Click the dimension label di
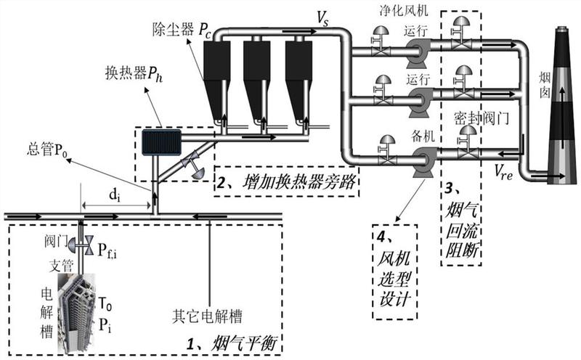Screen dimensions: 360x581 (x=115, y=195)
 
